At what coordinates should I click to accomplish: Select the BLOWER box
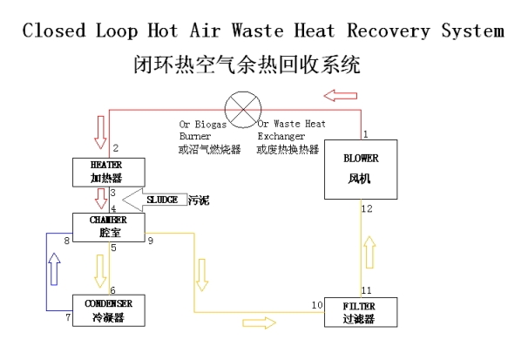tap(359, 170)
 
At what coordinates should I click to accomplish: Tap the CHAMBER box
tap(108, 228)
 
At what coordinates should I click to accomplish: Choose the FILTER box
tap(360, 311)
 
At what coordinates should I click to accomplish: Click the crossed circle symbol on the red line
tap(245, 109)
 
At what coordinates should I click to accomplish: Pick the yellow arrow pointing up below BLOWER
tap(369, 252)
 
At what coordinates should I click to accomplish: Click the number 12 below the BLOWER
tap(367, 209)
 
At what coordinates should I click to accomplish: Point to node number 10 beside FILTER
tap(316, 304)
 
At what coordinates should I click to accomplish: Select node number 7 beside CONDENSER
tap(67, 317)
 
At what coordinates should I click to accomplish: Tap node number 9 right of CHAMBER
tap(150, 239)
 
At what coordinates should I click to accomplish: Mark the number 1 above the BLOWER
tap(366, 133)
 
